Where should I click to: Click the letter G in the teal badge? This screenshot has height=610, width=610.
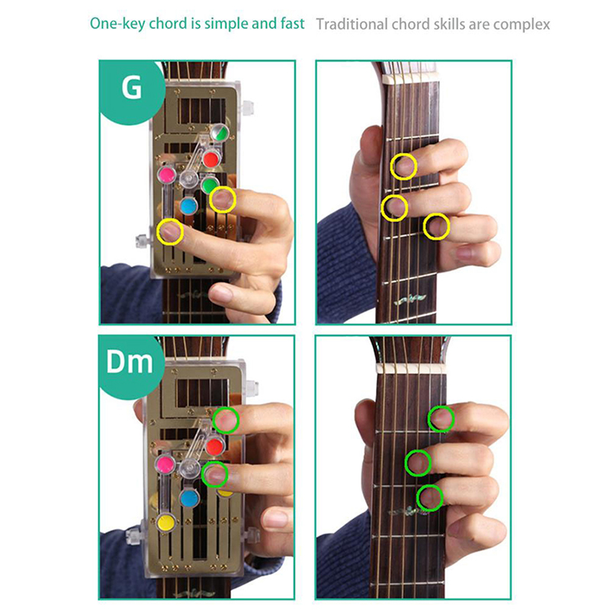(x=131, y=88)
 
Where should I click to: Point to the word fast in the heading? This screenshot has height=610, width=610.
(x=292, y=24)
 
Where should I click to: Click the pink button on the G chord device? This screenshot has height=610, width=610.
(x=166, y=175)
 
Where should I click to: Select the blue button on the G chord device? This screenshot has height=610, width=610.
(x=188, y=206)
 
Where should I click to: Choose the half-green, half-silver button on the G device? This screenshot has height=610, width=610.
(x=220, y=133)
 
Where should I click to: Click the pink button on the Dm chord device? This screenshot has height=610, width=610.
(x=165, y=464)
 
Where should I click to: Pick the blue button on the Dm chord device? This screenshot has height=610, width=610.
(x=189, y=498)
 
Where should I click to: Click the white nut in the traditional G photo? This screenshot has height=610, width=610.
(x=410, y=79)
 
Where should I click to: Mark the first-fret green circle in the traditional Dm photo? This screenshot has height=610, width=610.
(x=441, y=419)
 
